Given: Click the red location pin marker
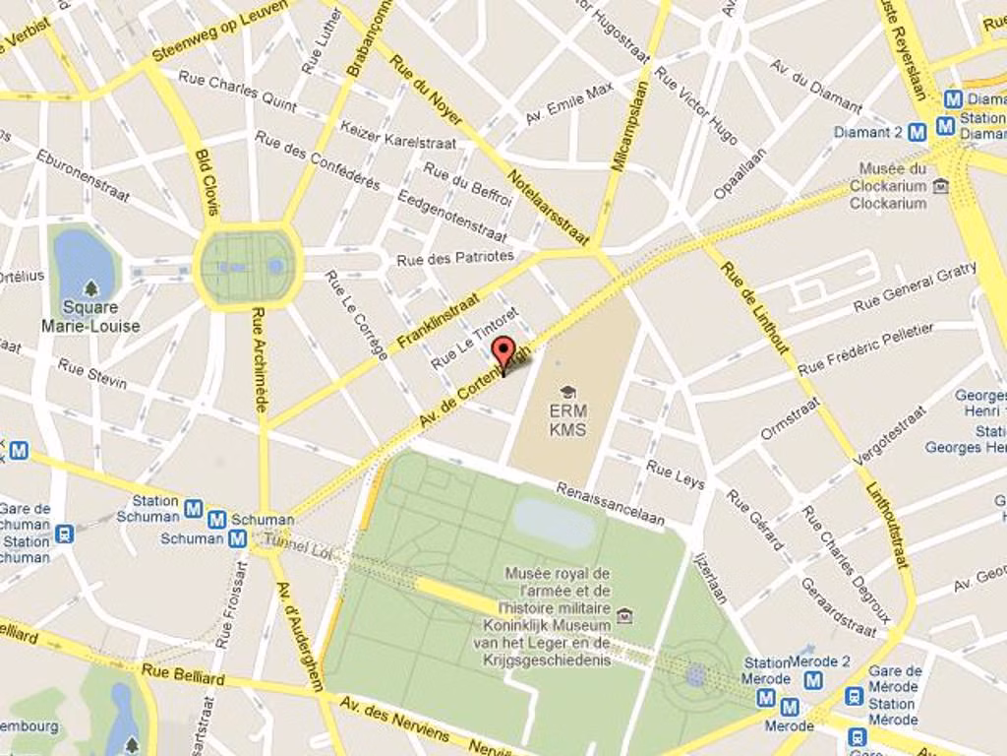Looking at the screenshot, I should [x=503, y=352].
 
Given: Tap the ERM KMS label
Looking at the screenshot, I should [x=567, y=420].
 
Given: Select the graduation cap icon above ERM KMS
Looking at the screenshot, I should [x=567, y=393].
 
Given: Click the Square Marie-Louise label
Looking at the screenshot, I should [x=90, y=316].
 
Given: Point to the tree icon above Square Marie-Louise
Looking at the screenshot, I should [x=90, y=288].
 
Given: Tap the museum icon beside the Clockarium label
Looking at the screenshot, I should [x=941, y=185].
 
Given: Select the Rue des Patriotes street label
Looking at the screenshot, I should [x=455, y=258].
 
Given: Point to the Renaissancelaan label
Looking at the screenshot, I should [x=610, y=503].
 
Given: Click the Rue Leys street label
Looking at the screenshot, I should [x=676, y=474].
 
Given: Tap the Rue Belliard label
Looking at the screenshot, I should [x=183, y=674].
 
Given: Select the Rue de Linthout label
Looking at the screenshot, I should [x=755, y=307].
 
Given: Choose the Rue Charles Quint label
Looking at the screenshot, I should [x=237, y=90].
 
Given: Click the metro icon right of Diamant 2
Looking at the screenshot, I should [x=917, y=132].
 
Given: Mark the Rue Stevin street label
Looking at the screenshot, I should [x=92, y=374].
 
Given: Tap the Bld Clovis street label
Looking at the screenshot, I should [x=207, y=182].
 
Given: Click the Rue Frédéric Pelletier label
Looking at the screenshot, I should [x=865, y=349].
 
